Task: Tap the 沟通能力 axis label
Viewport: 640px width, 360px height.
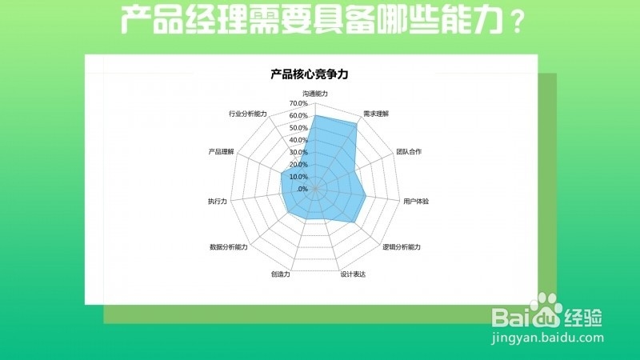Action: pyautogui.click(x=315, y=94)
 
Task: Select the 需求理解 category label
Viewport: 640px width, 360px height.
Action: pyautogui.click(x=375, y=114)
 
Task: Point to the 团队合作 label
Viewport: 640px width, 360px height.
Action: pyautogui.click(x=409, y=151)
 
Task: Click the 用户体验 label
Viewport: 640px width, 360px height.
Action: pyautogui.click(x=416, y=201)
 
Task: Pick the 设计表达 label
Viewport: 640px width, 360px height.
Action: pyautogui.click(x=352, y=274)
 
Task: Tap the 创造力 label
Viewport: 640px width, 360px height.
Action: pyautogui.click(x=280, y=274)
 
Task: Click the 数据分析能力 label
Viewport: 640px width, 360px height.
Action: pyautogui.click(x=228, y=246)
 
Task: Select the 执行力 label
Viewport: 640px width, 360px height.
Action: pyautogui.click(x=217, y=201)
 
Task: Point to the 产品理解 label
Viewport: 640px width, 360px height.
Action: pyautogui.click(x=221, y=151)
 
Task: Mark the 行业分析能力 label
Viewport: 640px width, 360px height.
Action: pyautogui.click(x=247, y=114)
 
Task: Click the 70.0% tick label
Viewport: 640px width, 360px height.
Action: pyautogui.click(x=299, y=103)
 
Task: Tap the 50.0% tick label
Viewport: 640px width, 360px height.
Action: pyautogui.click(x=299, y=128)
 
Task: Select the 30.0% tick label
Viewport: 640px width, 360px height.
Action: pyautogui.click(x=299, y=152)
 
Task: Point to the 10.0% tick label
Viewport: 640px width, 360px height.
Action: pyautogui.click(x=299, y=177)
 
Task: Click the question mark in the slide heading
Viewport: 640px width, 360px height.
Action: pyautogui.click(x=519, y=22)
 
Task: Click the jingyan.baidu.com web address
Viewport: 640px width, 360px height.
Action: pyautogui.click(x=547, y=338)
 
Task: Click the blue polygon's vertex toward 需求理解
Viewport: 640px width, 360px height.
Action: pyautogui.click(x=356, y=125)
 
